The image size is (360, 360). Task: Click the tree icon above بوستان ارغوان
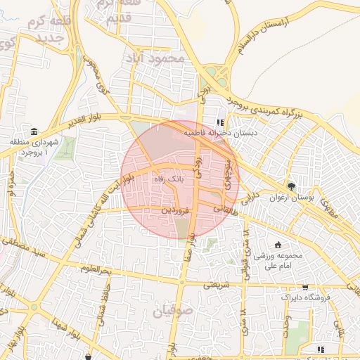tap(291, 186)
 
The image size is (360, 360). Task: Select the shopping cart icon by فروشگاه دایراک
tap(304, 287)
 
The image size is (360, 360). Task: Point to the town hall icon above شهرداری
tap(34, 131)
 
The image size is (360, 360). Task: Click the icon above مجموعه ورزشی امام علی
tap(278, 245)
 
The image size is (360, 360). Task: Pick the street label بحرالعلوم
tap(96, 270)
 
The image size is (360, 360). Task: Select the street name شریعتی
tap(217, 285)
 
